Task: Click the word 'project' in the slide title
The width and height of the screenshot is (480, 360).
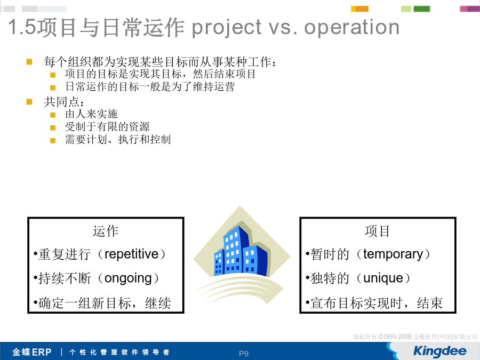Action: click(x=227, y=28)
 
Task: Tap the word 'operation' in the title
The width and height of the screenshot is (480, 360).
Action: click(x=352, y=27)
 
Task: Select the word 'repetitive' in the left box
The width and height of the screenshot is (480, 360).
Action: click(x=132, y=254)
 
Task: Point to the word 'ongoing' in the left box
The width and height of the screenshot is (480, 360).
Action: click(x=128, y=278)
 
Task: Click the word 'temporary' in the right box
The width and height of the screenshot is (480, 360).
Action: click(x=393, y=254)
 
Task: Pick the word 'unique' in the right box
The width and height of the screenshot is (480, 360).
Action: click(x=383, y=278)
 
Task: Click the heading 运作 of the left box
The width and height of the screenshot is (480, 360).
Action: click(x=106, y=231)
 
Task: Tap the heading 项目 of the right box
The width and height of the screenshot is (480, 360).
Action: click(x=377, y=231)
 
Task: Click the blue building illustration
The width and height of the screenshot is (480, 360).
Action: click(x=241, y=252)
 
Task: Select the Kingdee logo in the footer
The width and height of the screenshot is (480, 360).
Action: click(x=439, y=351)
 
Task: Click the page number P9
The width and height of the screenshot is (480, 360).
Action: click(x=244, y=354)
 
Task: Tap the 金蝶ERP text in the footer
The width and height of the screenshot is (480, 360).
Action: click(x=31, y=352)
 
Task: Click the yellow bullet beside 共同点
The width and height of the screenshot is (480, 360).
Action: click(x=29, y=102)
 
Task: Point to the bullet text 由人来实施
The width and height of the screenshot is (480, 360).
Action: click(x=91, y=114)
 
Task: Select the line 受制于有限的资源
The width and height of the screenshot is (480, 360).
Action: click(x=107, y=127)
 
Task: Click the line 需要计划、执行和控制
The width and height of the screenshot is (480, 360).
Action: click(x=118, y=140)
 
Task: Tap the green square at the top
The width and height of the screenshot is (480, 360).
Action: click(x=421, y=9)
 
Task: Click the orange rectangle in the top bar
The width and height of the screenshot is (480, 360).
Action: click(x=362, y=9)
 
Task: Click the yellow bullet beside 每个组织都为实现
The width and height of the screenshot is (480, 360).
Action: click(x=29, y=62)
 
